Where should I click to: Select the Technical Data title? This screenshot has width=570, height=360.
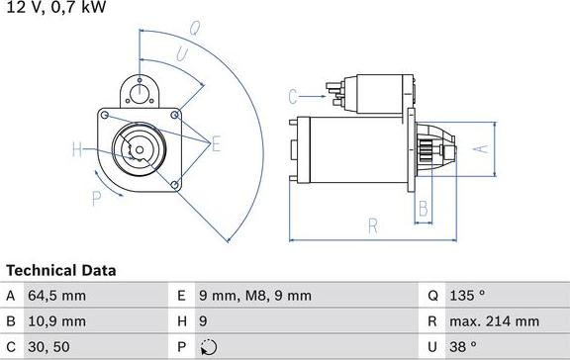61,270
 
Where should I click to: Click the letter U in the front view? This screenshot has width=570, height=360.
182,52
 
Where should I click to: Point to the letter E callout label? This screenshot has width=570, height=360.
216,144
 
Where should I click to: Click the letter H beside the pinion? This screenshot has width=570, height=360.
77,150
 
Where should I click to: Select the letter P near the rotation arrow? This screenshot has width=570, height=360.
97,198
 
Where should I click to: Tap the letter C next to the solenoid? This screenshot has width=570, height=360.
293,96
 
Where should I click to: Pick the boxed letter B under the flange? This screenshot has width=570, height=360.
423,209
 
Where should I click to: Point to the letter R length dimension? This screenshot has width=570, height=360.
373,225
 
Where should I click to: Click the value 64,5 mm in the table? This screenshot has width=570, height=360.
58,296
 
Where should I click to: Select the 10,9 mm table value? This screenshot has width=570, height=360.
58,321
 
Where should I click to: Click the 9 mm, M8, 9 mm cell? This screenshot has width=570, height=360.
255,296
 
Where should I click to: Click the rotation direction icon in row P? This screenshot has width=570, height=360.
206,347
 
